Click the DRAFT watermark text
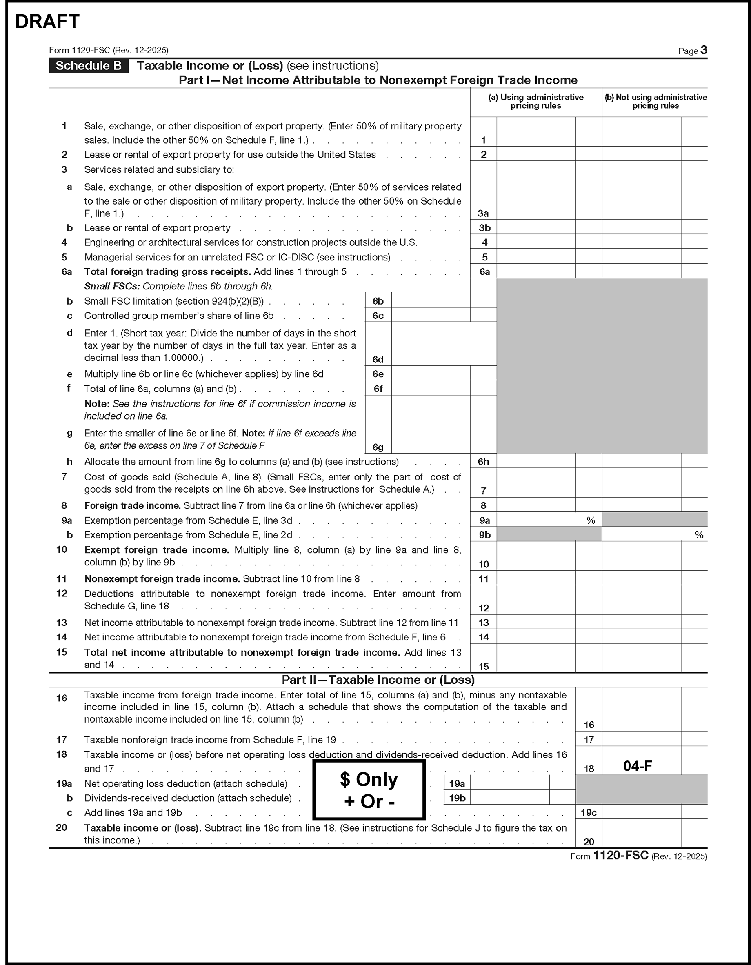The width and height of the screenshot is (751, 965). click(47, 22)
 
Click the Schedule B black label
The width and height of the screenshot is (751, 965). click(88, 66)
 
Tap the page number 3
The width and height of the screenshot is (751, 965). click(704, 50)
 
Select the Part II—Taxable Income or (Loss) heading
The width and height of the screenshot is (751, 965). click(378, 680)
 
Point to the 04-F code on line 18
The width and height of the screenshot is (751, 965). click(638, 766)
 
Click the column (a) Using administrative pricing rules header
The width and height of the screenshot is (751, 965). click(535, 102)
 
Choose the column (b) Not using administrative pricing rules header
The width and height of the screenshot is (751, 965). click(655, 102)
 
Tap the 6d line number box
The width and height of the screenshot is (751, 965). click(378, 359)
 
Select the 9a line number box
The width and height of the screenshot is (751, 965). click(484, 520)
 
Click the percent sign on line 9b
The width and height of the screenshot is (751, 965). click(698, 535)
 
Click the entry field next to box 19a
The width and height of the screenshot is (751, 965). click(510, 783)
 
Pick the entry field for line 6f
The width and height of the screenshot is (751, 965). click(430, 388)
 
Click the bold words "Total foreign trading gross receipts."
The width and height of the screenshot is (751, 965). click(167, 272)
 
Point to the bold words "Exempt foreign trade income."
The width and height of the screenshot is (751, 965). click(156, 550)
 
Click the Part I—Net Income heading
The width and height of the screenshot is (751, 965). click(378, 80)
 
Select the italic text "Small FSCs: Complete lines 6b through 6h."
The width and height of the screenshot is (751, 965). click(178, 286)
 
